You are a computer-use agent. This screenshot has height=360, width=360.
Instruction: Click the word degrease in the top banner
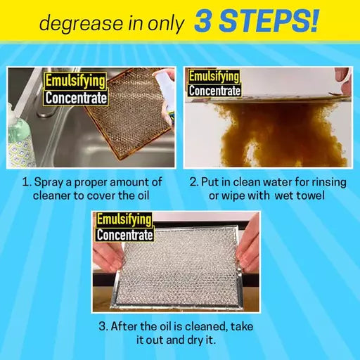point(75,24)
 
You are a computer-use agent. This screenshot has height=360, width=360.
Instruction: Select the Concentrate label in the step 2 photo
point(214,90)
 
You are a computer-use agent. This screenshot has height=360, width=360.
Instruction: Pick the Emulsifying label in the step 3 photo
point(124,219)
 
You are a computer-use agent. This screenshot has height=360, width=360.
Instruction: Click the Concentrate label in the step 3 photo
point(124,235)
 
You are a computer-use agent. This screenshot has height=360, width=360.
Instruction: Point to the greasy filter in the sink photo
point(127,120)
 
